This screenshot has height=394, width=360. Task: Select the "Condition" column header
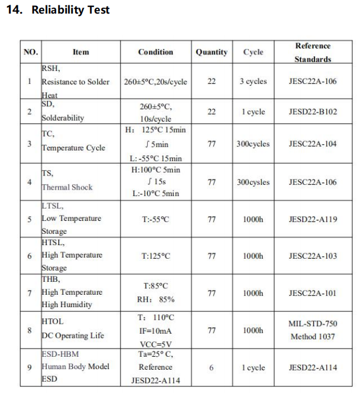(x=155, y=52)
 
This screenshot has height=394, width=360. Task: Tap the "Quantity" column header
(x=212, y=52)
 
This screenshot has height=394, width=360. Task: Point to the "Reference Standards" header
(x=313, y=52)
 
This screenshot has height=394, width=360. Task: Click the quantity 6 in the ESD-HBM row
(x=212, y=367)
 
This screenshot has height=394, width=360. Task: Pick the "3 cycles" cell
(x=253, y=82)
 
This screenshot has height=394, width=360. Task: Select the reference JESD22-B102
(x=313, y=112)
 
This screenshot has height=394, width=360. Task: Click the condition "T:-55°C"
(x=155, y=219)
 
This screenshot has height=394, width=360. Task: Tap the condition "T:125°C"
(x=155, y=256)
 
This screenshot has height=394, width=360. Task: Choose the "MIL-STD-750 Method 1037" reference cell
(x=313, y=330)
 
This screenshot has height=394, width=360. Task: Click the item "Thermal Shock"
(x=67, y=187)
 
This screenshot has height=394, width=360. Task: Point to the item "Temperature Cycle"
(x=73, y=148)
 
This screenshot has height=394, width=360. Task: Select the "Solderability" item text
(x=63, y=118)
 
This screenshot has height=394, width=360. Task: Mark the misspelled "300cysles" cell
(x=253, y=182)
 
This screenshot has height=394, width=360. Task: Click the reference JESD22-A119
(x=313, y=219)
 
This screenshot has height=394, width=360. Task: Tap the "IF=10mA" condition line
(x=155, y=331)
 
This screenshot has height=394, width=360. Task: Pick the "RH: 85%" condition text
(x=155, y=299)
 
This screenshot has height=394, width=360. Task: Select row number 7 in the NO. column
(x=30, y=293)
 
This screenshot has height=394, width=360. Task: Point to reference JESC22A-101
(x=313, y=293)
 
